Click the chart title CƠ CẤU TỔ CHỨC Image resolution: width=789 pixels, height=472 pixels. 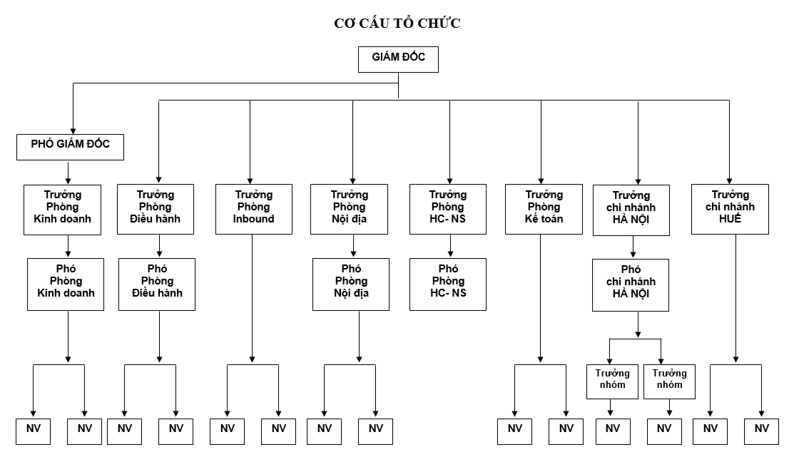[x=397, y=24]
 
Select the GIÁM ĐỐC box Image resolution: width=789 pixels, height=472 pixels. [x=398, y=59]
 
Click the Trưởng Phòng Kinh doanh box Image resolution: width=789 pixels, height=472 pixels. [x=63, y=208]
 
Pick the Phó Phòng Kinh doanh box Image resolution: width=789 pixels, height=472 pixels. [x=66, y=284]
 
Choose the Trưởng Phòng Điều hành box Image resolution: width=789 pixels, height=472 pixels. [x=156, y=208]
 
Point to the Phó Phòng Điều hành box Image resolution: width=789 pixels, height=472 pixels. [x=157, y=284]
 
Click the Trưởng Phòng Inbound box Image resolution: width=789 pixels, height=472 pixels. [x=254, y=208]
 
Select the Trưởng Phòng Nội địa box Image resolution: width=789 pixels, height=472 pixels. [x=350, y=208]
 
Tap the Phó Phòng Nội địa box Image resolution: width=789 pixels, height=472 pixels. [x=351, y=284]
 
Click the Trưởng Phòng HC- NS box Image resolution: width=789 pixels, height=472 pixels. [x=448, y=208]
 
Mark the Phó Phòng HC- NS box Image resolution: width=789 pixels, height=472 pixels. [x=448, y=284]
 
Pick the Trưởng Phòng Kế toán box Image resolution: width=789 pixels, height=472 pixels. [x=544, y=208]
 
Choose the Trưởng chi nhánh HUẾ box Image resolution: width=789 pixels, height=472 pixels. [x=731, y=208]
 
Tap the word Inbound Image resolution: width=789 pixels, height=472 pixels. [x=254, y=220]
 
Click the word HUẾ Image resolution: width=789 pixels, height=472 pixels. [x=731, y=220]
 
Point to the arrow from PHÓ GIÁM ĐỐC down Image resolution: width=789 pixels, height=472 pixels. [x=68, y=172]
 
